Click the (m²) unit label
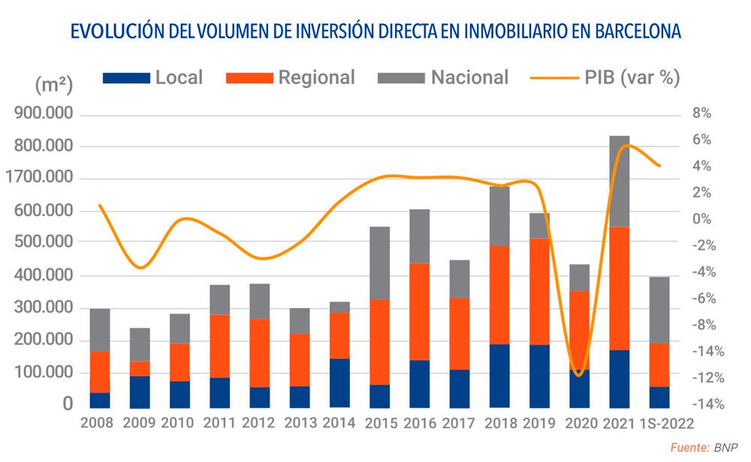[53, 84]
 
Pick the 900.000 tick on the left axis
[43, 114]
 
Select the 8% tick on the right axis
[701, 114]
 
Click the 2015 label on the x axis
[381, 423]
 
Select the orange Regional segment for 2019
[539, 291]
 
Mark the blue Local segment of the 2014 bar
[339, 383]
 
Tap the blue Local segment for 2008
[100, 400]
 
